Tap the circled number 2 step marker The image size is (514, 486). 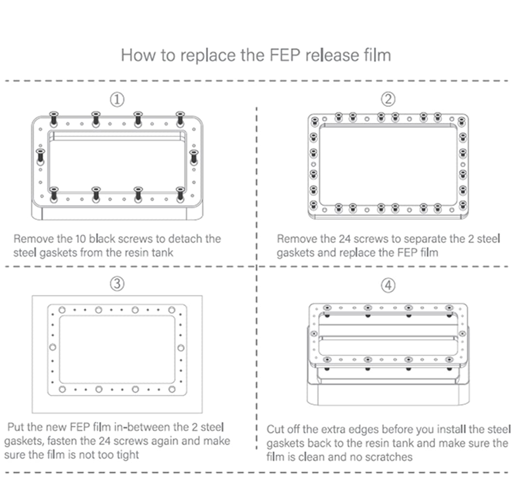point(388,100)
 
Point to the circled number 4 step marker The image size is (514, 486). point(388,285)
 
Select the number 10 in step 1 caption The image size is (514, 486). point(80,239)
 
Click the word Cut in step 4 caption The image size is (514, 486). point(275,430)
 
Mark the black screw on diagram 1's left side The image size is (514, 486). point(40,157)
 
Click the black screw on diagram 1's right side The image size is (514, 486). point(194,157)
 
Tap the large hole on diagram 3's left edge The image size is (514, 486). point(53,347)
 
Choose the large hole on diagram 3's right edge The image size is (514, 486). point(181,347)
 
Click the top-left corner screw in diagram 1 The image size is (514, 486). point(53,118)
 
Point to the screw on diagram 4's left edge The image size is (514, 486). point(314,334)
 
